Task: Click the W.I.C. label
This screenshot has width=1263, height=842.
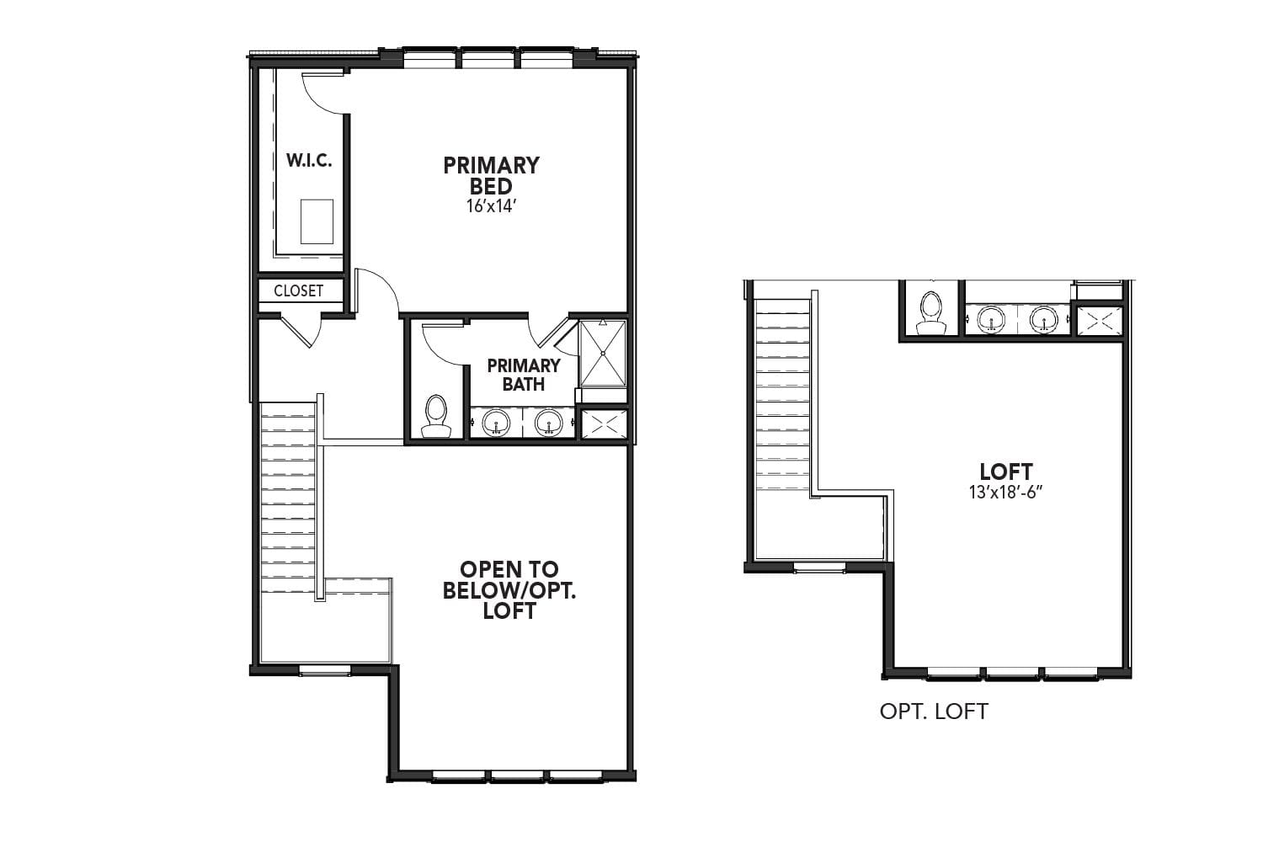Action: pyautogui.click(x=309, y=161)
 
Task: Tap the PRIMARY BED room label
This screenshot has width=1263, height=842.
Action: pyautogui.click(x=491, y=175)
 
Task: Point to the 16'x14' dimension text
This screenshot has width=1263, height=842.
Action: pyautogui.click(x=490, y=205)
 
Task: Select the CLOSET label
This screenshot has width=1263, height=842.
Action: pyautogui.click(x=299, y=290)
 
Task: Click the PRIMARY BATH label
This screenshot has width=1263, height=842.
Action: pyautogui.click(x=523, y=375)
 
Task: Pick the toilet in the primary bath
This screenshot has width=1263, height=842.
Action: pyautogui.click(x=436, y=418)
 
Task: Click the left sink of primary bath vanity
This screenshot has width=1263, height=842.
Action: pyautogui.click(x=497, y=422)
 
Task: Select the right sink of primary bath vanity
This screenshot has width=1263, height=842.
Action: pyautogui.click(x=549, y=422)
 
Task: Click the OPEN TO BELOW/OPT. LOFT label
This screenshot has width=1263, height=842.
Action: pyautogui.click(x=509, y=590)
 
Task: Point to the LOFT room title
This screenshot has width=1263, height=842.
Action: pyautogui.click(x=1005, y=472)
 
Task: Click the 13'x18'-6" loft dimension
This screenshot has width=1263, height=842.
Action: pyautogui.click(x=1005, y=493)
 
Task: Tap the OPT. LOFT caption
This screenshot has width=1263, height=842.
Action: pyautogui.click(x=933, y=711)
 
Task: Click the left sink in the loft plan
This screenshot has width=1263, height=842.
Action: pyautogui.click(x=992, y=319)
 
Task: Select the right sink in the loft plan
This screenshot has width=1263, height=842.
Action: pyautogui.click(x=1044, y=319)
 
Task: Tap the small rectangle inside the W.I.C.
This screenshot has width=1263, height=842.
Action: pyautogui.click(x=317, y=221)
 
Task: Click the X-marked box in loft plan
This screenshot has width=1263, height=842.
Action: pyautogui.click(x=1100, y=320)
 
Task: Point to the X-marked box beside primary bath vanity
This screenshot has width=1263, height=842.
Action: pyautogui.click(x=604, y=424)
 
